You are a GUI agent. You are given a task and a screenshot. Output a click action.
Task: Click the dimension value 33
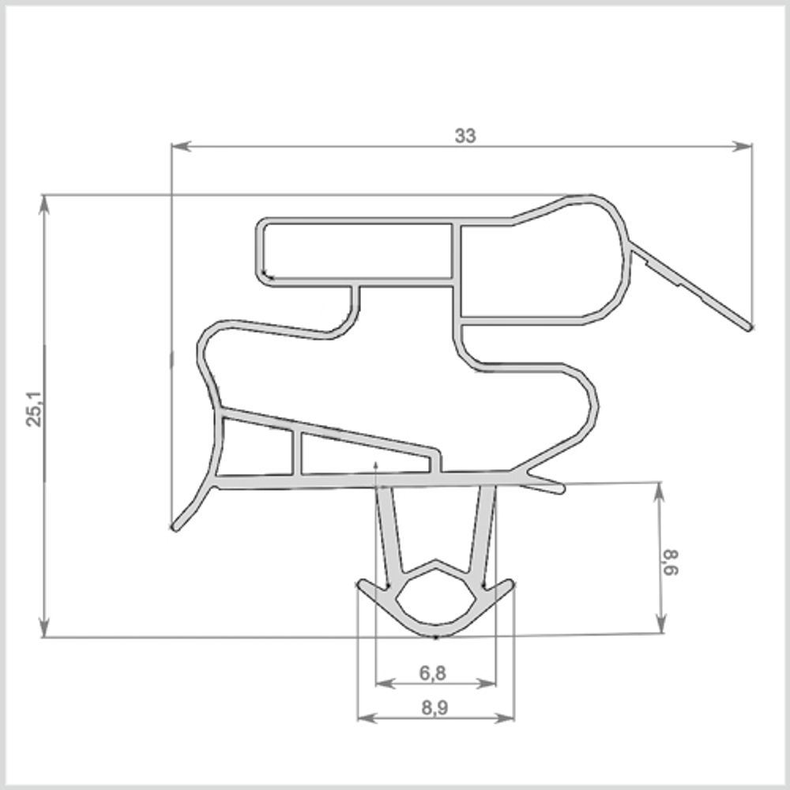(465, 136)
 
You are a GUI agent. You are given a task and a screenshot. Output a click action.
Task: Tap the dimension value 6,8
(433, 673)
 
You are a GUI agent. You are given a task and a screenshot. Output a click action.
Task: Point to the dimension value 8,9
(434, 709)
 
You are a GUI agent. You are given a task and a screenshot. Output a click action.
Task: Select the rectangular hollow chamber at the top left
(355, 251)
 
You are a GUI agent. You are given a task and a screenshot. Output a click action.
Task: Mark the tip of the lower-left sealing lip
(175, 525)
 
